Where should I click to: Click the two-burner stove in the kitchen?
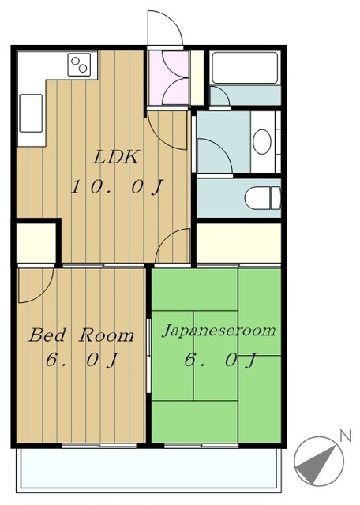tap(79, 65)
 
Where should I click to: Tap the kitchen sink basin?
tap(31, 113)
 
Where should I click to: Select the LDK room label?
tap(116, 157)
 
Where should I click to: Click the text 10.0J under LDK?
tap(118, 187)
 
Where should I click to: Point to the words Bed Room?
tap(81, 335)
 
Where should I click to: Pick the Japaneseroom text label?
tap(219, 331)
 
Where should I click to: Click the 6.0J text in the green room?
tap(220, 361)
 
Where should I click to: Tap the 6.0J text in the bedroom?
tap(82, 360)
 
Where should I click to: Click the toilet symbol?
tap(262, 198)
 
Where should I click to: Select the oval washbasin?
tap(261, 142)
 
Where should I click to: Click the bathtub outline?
tap(245, 69)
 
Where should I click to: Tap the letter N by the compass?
tap(346, 436)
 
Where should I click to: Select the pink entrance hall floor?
tap(168, 77)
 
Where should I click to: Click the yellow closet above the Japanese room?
tap(238, 243)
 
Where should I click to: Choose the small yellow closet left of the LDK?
tap(36, 243)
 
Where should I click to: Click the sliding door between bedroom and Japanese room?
tap(148, 356)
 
